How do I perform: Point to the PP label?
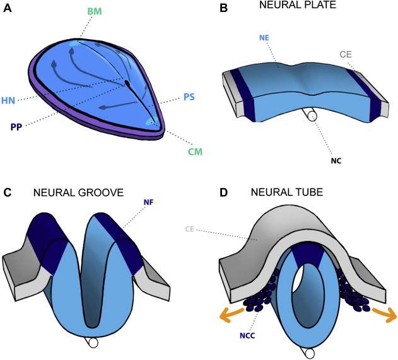click(16, 126)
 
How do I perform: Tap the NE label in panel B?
click(264, 38)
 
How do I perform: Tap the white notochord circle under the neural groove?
click(92, 343)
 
